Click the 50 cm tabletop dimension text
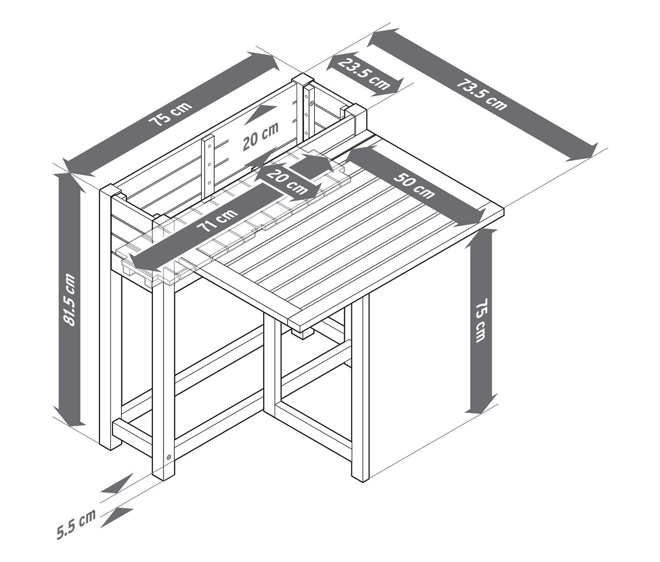point(414,186)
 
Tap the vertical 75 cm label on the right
point(481,320)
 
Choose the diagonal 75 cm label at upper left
point(171,114)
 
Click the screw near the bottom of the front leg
point(169,457)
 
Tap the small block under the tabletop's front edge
point(303,333)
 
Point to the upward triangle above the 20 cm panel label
point(262,113)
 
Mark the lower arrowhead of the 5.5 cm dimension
point(118,517)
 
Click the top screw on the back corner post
point(311,103)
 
